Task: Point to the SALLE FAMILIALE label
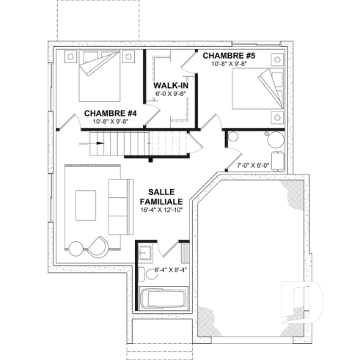pyautogui.click(x=161, y=195)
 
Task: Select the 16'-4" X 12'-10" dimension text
pyautogui.click(x=161, y=210)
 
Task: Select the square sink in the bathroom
pyautogui.click(x=144, y=254)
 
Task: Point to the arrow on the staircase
pyautogui.click(x=98, y=143)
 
